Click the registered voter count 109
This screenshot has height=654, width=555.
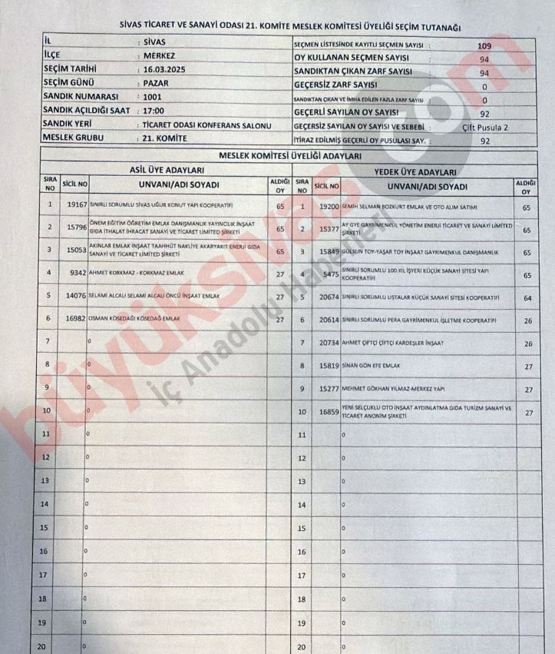coord(485,46)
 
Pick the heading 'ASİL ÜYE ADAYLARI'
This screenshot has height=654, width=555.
coord(167,170)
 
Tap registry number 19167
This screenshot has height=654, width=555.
coord(76,206)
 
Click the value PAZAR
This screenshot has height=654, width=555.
coord(154,84)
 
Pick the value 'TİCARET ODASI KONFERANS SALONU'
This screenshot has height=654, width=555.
coord(205,125)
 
